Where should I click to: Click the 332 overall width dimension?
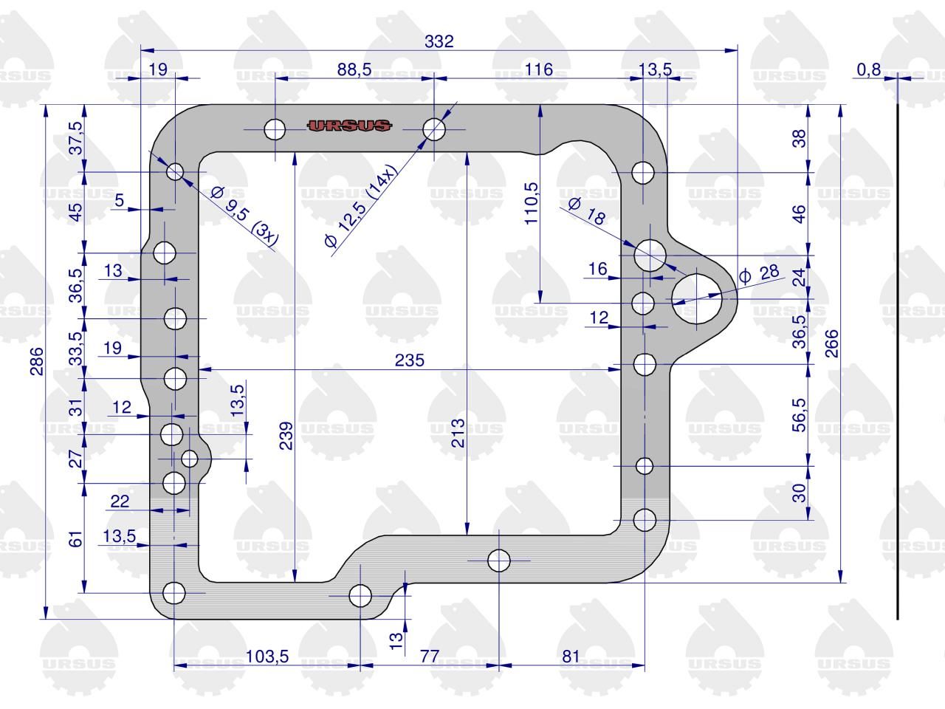click(x=439, y=41)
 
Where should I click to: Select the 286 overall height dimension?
click(x=37, y=361)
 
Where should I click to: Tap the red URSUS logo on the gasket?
click(x=349, y=126)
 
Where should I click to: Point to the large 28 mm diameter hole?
click(x=697, y=298)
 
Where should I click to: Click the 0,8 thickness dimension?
click(x=869, y=69)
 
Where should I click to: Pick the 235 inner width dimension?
click(x=410, y=360)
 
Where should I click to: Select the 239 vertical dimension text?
click(x=286, y=436)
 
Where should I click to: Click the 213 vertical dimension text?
click(x=458, y=433)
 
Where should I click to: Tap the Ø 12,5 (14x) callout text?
click(x=361, y=206)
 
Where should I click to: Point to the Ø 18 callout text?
click(x=587, y=211)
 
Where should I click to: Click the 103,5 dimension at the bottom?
click(x=267, y=657)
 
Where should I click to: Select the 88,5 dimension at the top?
click(x=354, y=69)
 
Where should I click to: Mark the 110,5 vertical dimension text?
click(x=532, y=203)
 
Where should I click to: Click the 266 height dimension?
click(x=832, y=343)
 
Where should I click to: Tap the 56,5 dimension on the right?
click(x=799, y=415)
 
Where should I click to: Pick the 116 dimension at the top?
click(x=539, y=69)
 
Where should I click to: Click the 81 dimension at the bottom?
click(x=571, y=657)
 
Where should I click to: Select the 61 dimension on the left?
click(x=75, y=538)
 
